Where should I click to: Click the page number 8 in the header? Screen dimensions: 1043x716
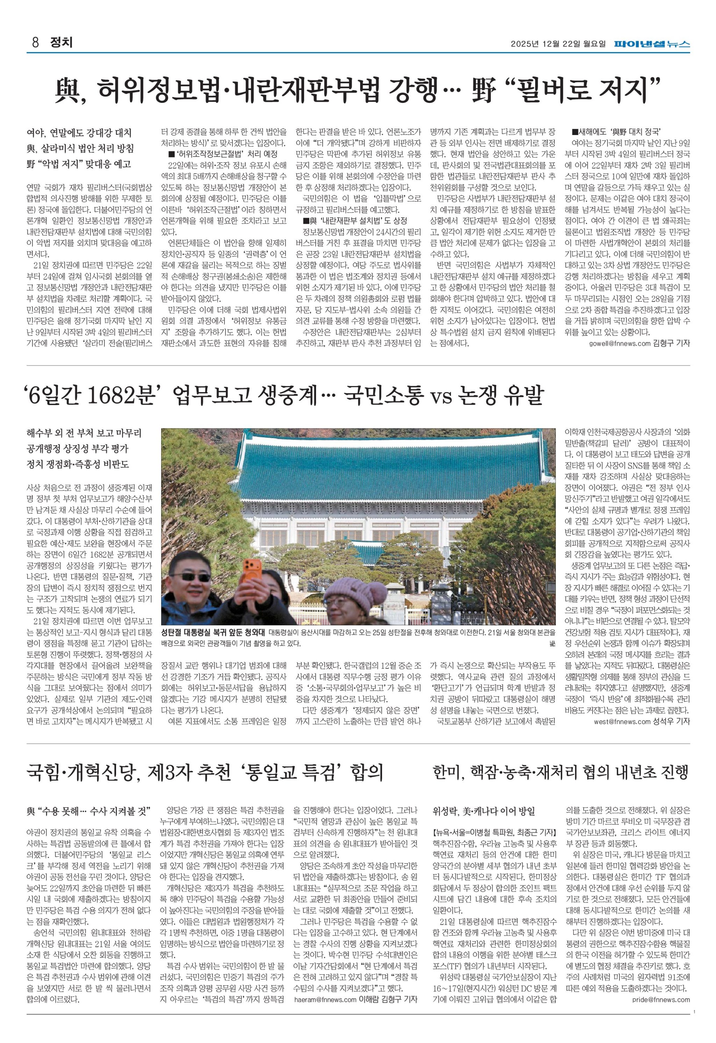click(x=34, y=43)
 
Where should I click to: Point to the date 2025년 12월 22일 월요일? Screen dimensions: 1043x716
click(x=558, y=44)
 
